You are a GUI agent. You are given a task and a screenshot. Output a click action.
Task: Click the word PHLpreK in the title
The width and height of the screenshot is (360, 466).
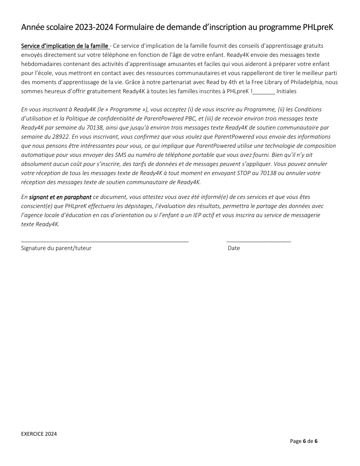[318, 27]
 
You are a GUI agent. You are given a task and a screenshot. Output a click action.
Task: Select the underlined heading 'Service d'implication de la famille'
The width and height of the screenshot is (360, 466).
[65, 46]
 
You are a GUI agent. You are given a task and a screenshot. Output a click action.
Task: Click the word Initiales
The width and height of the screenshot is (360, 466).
[286, 91]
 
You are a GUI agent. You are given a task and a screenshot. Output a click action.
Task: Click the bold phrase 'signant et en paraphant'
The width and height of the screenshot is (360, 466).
[60, 197]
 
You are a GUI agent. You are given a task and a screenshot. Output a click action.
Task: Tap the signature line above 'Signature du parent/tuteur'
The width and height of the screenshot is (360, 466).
[105, 241]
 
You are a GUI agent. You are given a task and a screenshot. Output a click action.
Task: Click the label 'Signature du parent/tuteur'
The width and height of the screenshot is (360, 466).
[56, 248]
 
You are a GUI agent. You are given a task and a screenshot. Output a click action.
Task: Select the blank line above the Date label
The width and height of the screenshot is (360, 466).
[259, 241]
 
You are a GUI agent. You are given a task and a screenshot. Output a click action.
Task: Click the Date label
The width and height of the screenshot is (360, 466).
[234, 248]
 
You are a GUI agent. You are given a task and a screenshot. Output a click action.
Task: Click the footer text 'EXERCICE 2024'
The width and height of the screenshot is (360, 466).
[39, 434]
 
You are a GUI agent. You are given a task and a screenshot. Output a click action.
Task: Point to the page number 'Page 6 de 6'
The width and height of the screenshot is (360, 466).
[304, 441]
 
